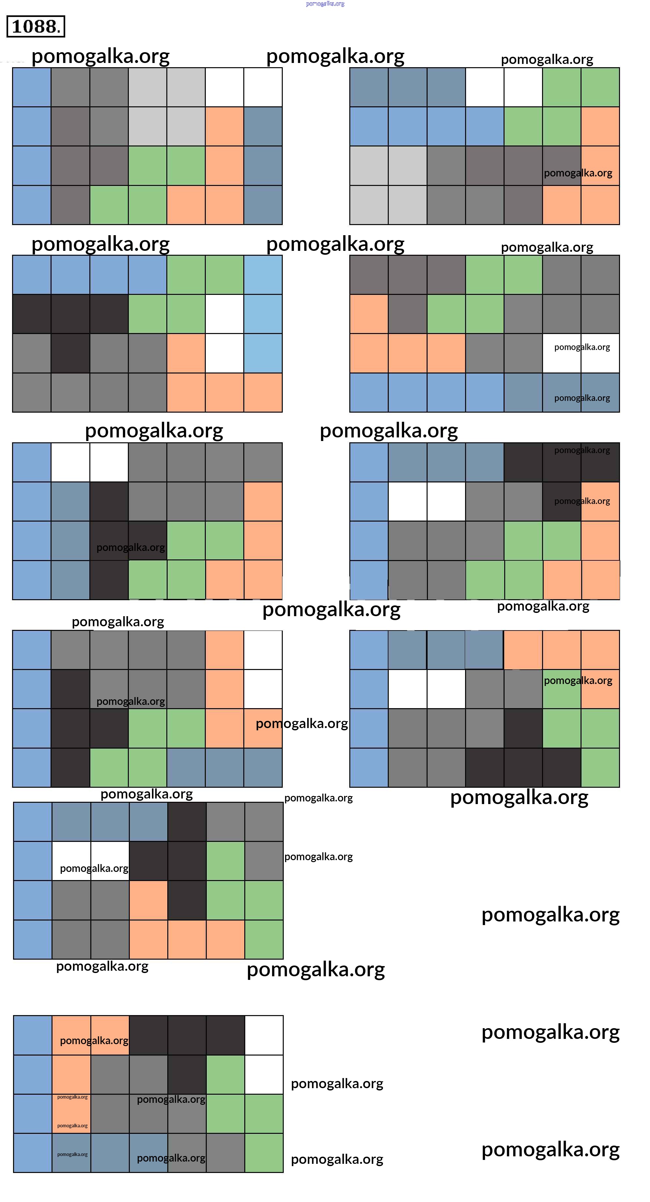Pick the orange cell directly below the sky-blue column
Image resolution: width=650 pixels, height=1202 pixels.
pos(263,392)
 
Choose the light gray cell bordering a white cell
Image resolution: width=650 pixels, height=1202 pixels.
pos(186,87)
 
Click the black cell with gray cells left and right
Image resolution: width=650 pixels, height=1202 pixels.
pos(70,353)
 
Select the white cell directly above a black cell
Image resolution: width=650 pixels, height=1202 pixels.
pos(109,462)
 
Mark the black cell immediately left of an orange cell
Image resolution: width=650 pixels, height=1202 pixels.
pos(561,501)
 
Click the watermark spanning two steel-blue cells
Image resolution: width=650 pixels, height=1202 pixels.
pos(582,398)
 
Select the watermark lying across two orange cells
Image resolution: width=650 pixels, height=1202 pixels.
pos(94,1041)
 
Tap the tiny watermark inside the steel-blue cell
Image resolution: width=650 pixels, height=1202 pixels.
pos(72,1154)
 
